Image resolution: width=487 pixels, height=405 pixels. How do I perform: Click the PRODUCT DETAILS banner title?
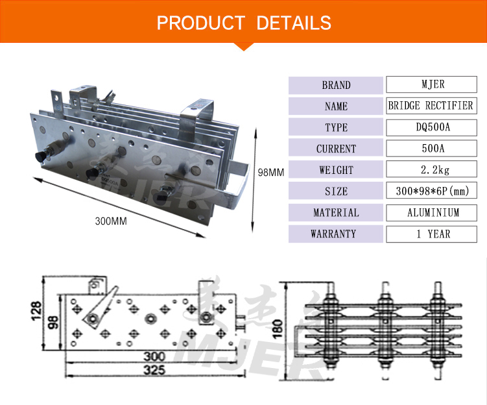coord(244,23)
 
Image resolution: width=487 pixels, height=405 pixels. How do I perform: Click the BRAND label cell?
coord(336,85)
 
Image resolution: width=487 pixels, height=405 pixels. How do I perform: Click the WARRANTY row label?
coord(336,234)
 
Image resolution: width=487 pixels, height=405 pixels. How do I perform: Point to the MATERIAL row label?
coord(336,212)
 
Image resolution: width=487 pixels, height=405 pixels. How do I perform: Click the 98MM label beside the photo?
coord(271,173)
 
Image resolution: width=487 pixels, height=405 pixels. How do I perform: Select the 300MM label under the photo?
coord(110,221)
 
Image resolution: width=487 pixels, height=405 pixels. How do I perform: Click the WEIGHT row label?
coord(336,170)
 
